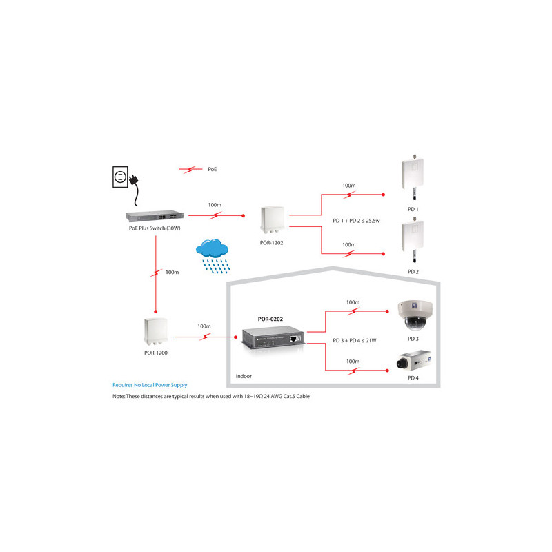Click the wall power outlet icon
point(120,177)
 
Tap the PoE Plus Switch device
point(155,216)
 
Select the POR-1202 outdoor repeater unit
point(273,219)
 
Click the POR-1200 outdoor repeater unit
point(156,331)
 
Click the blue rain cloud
point(213,256)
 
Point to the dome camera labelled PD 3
point(415,315)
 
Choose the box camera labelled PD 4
point(413,360)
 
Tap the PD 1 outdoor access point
point(413,177)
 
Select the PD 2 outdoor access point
point(413,239)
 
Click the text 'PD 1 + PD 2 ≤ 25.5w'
point(356,221)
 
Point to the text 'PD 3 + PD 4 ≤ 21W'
point(355,340)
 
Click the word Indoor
point(244,376)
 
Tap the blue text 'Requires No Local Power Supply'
point(150,385)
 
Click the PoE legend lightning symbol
point(190,169)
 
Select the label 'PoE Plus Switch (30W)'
point(155,228)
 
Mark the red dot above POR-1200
point(156,312)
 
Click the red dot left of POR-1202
point(244,215)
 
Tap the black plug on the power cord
point(134,179)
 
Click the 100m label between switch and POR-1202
point(215,205)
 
